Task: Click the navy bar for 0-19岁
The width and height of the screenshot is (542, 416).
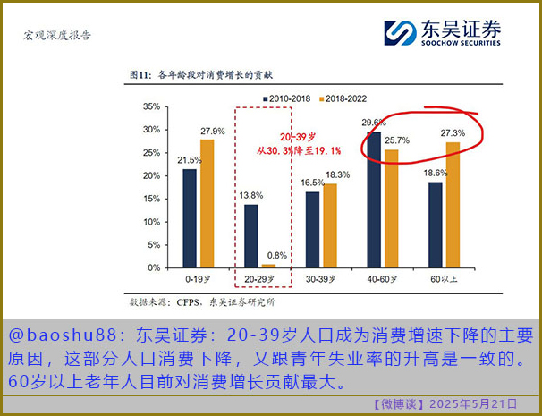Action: click(x=190, y=217)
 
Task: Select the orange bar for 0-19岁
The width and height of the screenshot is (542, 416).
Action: click(x=207, y=203)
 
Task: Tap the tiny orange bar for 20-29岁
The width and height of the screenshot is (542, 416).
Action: click(x=268, y=266)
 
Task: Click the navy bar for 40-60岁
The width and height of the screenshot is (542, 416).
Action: click(x=374, y=199)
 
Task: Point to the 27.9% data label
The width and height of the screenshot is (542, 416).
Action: click(x=212, y=132)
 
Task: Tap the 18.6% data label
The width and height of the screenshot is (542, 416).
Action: click(x=436, y=173)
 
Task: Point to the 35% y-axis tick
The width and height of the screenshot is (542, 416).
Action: click(x=151, y=106)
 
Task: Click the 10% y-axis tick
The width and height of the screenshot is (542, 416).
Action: click(x=151, y=221)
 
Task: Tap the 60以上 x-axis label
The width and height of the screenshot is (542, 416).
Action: click(x=445, y=280)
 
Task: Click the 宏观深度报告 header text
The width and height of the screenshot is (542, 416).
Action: click(x=56, y=36)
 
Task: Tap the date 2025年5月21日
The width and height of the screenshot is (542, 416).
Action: click(x=473, y=404)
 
